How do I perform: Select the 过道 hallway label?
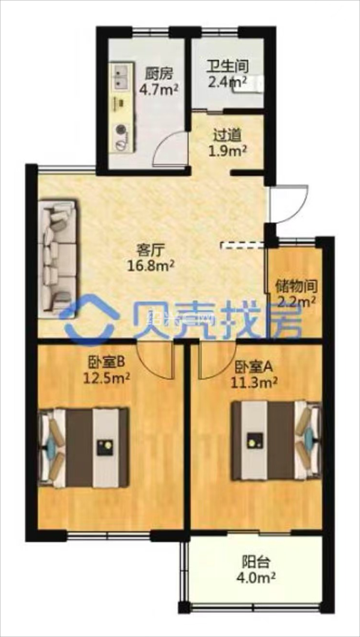pyautogui.click(x=227, y=134)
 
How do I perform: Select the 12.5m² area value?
pyautogui.click(x=106, y=378)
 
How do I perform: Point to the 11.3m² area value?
pyautogui.click(x=255, y=381)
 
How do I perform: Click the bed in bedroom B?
pyautogui.click(x=83, y=447)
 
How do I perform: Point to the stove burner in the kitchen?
pyautogui.click(x=120, y=130)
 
